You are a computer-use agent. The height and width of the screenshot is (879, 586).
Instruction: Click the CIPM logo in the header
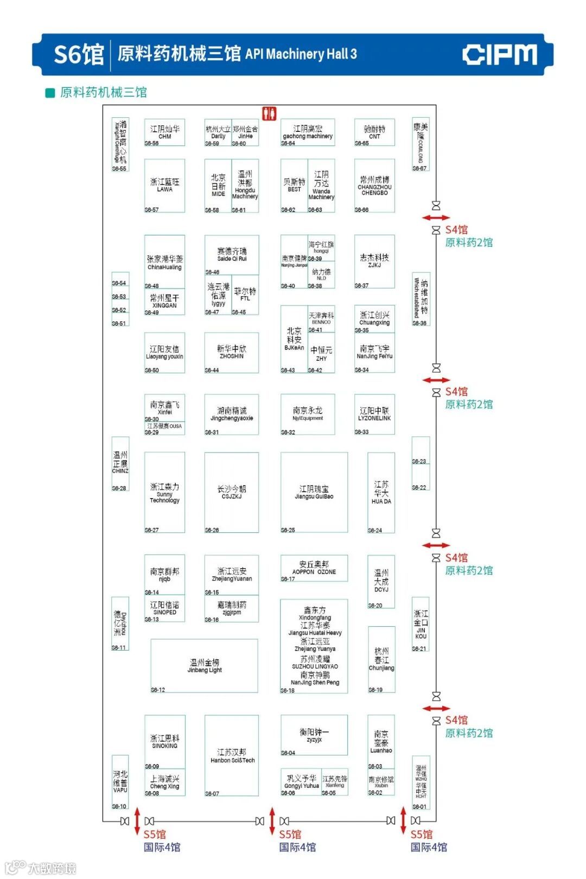(500, 55)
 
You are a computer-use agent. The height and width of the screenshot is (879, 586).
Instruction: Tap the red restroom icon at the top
(269, 113)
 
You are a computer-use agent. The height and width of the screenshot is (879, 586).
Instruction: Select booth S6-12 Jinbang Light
(204, 666)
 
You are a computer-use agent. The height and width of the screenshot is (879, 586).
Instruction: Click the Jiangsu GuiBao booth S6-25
(314, 492)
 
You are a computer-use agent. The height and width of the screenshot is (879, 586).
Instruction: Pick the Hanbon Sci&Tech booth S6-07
(232, 755)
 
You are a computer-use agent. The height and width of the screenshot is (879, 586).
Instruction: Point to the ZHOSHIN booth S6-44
(232, 352)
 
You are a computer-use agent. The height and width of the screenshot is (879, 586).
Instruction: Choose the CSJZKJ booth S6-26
(232, 492)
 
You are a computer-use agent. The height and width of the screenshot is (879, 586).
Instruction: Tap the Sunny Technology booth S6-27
(164, 493)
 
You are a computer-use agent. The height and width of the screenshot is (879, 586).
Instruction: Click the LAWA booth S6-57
(164, 186)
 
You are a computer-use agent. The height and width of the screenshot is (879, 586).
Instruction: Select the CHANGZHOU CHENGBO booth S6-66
(374, 186)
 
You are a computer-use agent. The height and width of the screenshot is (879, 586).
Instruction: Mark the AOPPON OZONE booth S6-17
(314, 568)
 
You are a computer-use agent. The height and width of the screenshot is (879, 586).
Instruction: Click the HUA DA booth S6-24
(381, 493)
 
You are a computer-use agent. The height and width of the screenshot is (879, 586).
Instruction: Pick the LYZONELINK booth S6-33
(374, 415)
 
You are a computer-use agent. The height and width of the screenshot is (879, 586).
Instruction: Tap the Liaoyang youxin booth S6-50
(164, 353)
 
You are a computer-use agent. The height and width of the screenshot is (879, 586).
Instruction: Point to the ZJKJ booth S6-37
(374, 261)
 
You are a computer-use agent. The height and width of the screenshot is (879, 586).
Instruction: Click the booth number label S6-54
(119, 283)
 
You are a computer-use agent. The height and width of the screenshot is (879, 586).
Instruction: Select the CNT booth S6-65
(374, 132)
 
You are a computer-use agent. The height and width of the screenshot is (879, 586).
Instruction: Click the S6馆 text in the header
(79, 55)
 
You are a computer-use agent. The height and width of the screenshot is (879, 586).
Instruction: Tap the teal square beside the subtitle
(50, 93)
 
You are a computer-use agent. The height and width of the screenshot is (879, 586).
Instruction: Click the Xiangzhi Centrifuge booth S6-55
(120, 144)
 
